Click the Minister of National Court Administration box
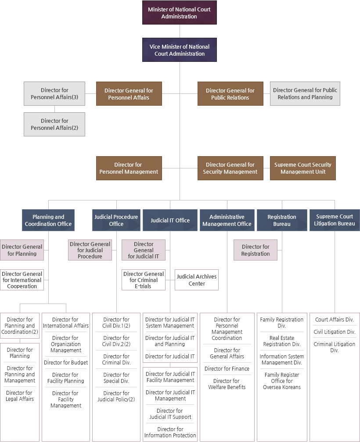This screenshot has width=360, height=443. pos(179,13)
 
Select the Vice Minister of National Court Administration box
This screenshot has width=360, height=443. pos(179,50)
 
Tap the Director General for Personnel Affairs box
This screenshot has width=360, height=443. pos(129,94)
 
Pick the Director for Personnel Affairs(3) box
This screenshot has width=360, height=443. pos(54,94)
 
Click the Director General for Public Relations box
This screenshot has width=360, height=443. pos(230,94)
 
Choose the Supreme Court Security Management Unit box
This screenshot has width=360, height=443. pos(302,168)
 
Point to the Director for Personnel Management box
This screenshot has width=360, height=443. pos(129,168)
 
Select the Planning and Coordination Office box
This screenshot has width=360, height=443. pos(48,220)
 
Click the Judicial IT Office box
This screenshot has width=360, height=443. pos(170,220)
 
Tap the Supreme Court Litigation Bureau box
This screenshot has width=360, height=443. pos(335,220)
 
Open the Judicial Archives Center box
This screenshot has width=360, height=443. pos(197,280)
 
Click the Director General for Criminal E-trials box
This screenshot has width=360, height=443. pos(144,280)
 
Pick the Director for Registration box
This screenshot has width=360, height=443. pos(255,250)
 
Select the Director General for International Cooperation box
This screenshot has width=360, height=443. pos(22,280)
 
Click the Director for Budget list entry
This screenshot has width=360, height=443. pos(65,363)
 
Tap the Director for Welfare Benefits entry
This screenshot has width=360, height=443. pos(227,384)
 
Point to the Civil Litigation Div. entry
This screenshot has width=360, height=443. pos(335,332)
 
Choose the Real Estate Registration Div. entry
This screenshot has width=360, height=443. pos(281,341)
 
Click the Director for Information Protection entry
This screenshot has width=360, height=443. pos(170,432)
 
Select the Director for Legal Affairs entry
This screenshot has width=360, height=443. pos(20,396)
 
